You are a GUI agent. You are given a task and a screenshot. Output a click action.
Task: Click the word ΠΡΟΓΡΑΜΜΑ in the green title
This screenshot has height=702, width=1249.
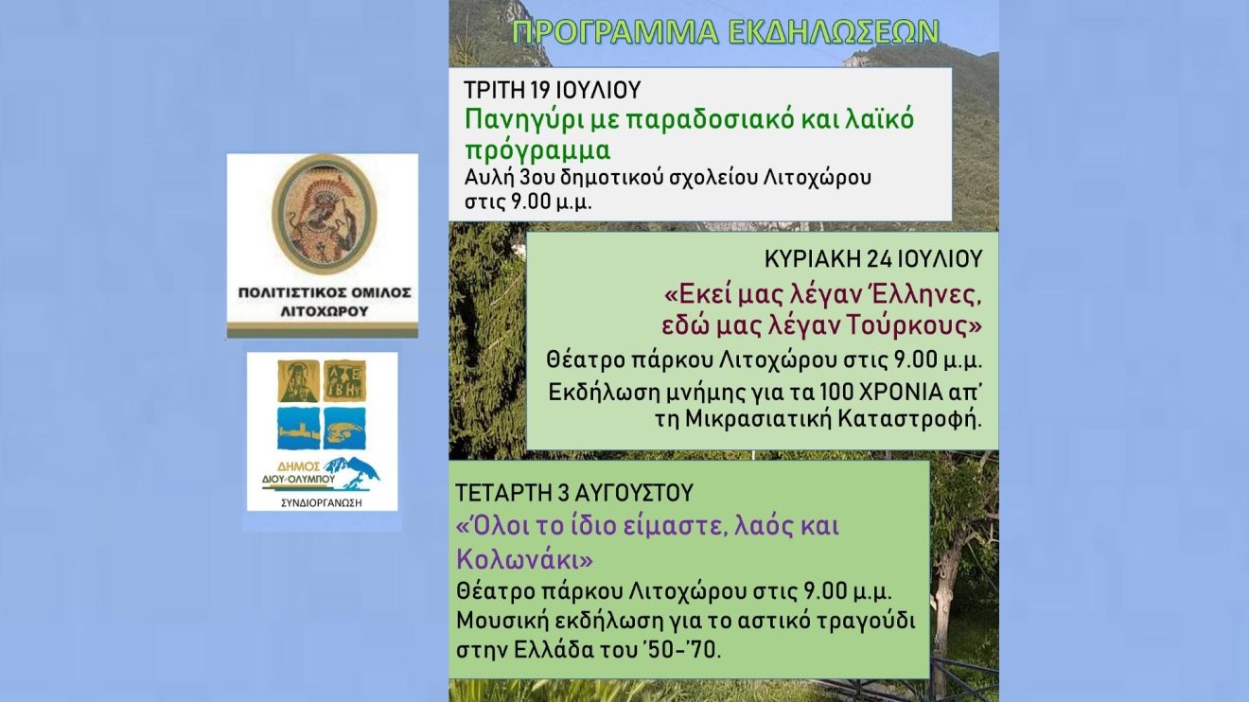coord(615,32)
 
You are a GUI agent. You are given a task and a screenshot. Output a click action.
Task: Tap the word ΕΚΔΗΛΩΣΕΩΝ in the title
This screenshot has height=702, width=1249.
coord(835,32)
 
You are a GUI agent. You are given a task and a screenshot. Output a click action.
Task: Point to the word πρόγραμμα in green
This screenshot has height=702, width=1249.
coord(537,151)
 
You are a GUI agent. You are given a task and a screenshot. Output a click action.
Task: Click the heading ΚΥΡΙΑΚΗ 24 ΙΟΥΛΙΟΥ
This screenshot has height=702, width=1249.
coord(873,258)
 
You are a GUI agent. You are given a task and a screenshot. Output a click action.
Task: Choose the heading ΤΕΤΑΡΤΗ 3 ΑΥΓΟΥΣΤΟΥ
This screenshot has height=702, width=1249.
coord(574,493)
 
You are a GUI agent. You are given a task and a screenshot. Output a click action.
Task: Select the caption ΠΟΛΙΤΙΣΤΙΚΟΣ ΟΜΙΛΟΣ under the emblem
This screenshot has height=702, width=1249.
coord(325,292)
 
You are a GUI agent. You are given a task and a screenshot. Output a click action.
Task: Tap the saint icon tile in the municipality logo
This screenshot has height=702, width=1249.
coord(299,381)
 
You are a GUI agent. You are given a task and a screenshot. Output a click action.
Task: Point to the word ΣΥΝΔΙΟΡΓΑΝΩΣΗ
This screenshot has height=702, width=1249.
coord(321,503)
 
